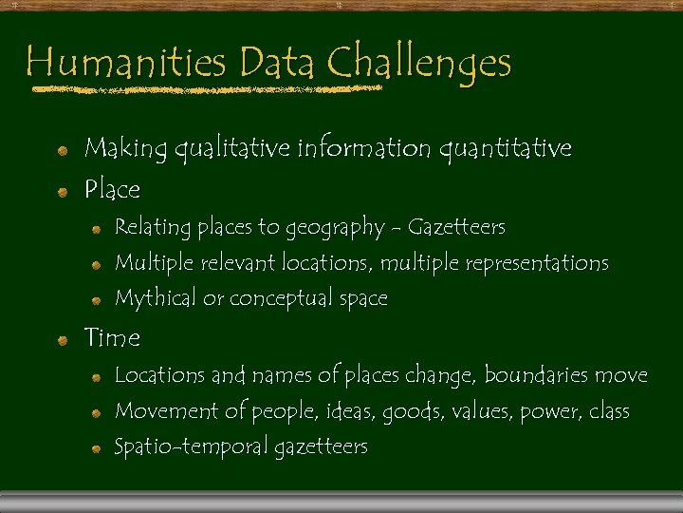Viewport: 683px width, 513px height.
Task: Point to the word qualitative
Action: pos(231,148)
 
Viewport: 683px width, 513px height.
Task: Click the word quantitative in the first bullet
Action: pos(504,148)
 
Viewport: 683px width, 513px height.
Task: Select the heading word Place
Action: pos(112,190)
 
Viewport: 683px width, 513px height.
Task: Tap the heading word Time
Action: pos(112,337)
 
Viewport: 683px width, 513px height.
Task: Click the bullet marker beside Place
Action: pos(62,192)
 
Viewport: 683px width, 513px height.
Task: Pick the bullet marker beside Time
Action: pos(62,339)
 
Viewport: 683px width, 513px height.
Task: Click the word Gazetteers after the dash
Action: pos(456,228)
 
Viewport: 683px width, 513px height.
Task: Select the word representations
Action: pos(536,263)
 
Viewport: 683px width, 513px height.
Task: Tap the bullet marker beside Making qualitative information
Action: pos(62,150)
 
